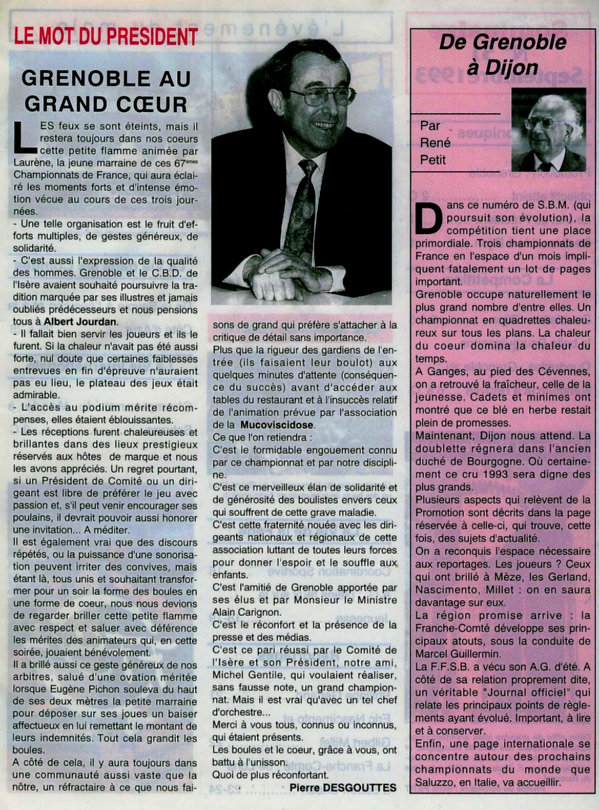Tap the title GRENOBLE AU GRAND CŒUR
[106, 91]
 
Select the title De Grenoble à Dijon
[503, 54]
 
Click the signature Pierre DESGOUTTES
[343, 788]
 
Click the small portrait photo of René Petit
[548, 130]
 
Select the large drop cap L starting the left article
[24, 137]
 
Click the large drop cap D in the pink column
[428, 218]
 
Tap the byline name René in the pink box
[435, 143]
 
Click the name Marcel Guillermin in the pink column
[451, 654]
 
